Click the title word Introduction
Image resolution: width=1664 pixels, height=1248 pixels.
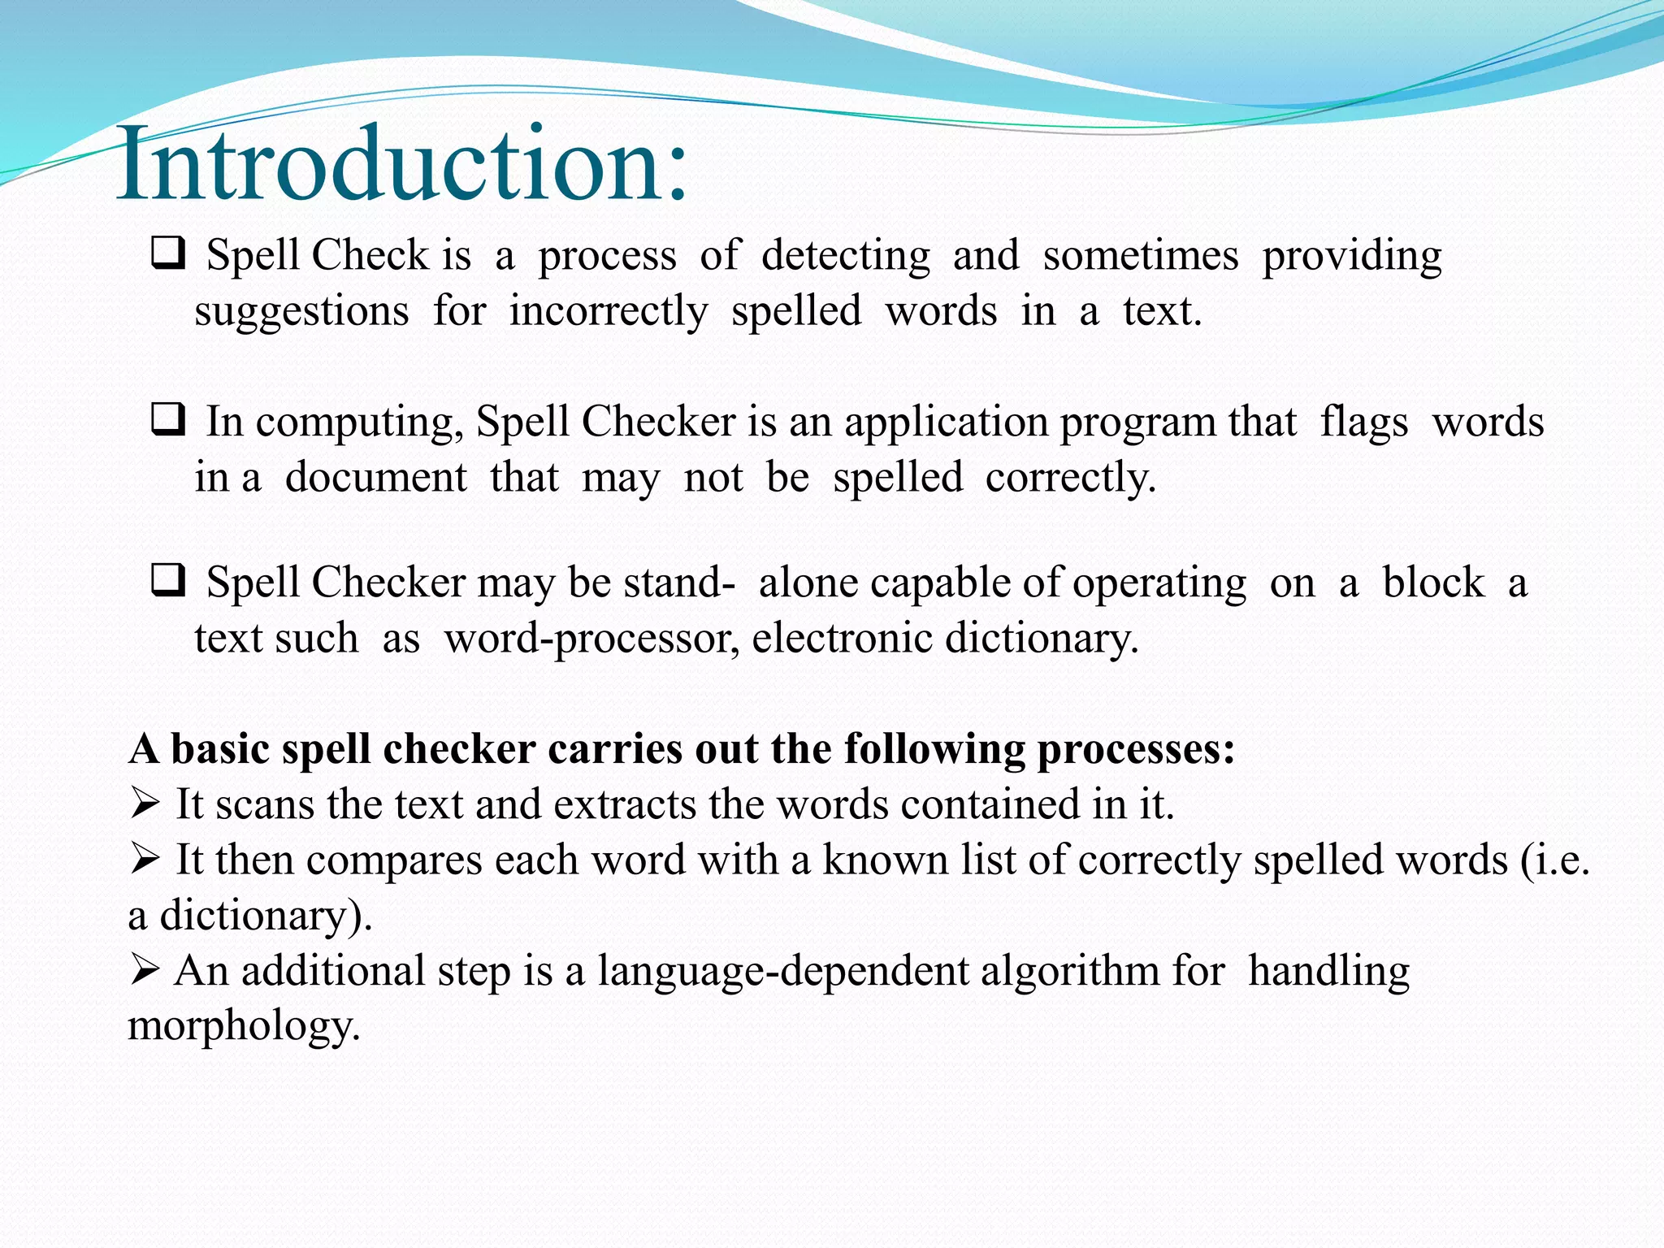402,165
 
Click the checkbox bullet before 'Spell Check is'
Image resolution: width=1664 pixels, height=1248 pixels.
168,253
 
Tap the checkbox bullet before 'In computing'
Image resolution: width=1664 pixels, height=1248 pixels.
168,420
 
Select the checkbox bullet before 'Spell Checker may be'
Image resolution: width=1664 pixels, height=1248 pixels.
168,581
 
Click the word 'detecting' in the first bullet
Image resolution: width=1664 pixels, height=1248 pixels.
845,256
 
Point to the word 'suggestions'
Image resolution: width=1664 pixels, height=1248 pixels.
301,312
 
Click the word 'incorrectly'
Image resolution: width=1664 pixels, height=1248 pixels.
609,312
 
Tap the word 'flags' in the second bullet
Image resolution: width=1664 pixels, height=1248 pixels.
1363,422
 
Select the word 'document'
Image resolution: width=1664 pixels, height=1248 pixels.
375,477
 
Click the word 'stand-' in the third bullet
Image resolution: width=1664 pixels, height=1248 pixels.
679,583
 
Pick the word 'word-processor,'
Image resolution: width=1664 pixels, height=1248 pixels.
591,639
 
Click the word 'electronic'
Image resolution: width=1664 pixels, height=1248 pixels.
842,638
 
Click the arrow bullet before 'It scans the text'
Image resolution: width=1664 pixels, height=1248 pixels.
144,804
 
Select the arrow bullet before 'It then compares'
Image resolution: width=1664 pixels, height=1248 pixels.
144,860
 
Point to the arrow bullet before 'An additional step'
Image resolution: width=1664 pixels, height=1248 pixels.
144,970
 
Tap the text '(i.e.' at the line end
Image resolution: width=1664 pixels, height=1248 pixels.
1553,860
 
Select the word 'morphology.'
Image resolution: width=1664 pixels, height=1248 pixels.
244,1026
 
